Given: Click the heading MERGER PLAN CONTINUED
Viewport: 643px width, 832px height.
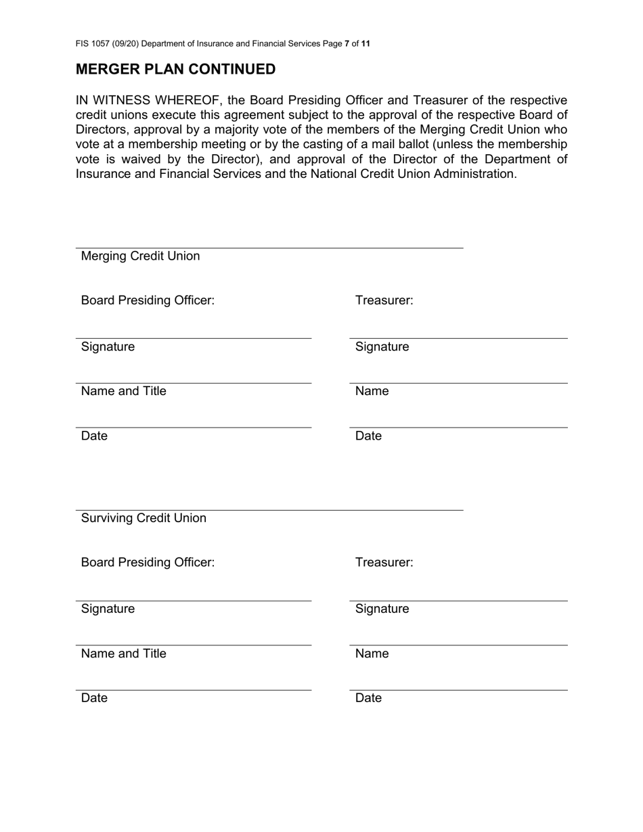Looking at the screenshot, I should (175, 70).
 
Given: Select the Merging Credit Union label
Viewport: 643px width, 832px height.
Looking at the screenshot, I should (140, 256).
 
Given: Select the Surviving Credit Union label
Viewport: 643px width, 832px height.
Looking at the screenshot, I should (143, 518).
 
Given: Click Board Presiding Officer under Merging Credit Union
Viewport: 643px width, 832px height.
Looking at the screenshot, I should (148, 300).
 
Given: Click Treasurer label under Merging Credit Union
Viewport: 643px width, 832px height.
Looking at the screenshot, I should (384, 300).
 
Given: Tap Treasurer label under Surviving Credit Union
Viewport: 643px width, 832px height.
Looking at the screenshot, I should (384, 563).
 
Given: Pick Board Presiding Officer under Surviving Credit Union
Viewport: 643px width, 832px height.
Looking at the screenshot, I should (148, 563).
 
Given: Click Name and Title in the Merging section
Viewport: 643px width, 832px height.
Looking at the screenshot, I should (123, 391).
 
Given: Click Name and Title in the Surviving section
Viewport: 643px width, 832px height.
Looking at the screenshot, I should (123, 653).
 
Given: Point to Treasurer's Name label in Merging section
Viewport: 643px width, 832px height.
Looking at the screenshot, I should (372, 391).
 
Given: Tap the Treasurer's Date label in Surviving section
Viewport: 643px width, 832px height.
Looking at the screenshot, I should (368, 698).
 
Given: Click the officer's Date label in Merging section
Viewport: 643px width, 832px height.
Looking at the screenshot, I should (94, 436).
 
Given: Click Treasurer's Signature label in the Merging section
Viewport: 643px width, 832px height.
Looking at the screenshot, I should (382, 347).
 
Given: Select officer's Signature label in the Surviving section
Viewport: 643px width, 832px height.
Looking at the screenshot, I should (108, 609).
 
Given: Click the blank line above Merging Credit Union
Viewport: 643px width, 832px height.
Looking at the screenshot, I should (269, 248).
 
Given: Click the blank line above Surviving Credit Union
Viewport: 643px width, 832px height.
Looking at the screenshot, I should (269, 509).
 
